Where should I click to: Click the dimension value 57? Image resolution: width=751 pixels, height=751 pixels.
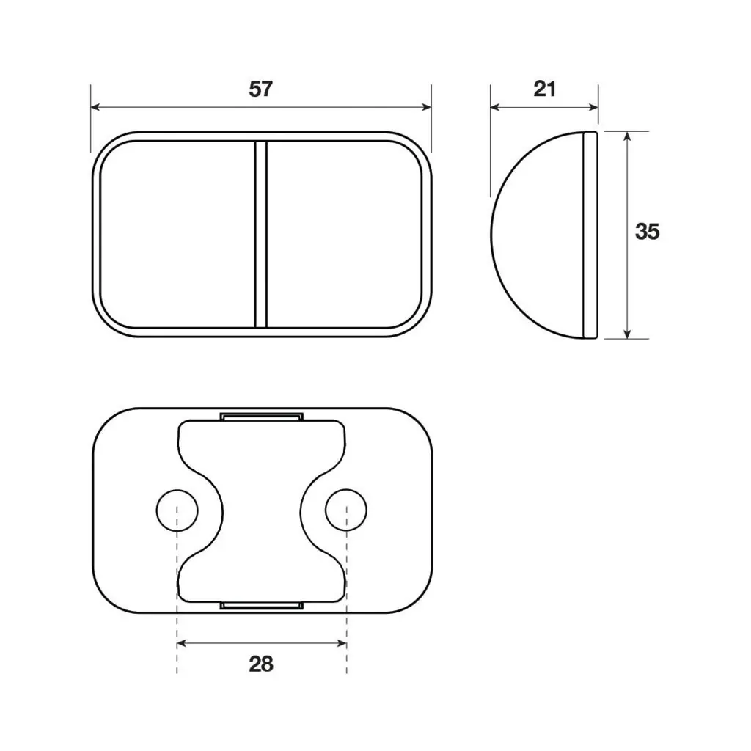point(260,89)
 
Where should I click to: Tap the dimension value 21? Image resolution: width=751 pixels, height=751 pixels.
point(545,89)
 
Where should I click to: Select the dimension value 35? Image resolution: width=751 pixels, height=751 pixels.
point(647,232)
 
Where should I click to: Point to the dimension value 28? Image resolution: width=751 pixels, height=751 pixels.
point(261,664)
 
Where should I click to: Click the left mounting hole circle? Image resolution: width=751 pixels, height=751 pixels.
point(177,510)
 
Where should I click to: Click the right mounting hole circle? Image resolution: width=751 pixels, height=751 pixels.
point(346,510)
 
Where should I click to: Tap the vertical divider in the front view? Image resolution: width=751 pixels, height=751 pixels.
point(261,234)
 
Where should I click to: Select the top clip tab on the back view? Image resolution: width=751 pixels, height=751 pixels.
point(262,417)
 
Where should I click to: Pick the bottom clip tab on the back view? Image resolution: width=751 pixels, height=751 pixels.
point(262,605)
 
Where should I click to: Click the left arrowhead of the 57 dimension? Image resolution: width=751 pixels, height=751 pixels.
point(95,107)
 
